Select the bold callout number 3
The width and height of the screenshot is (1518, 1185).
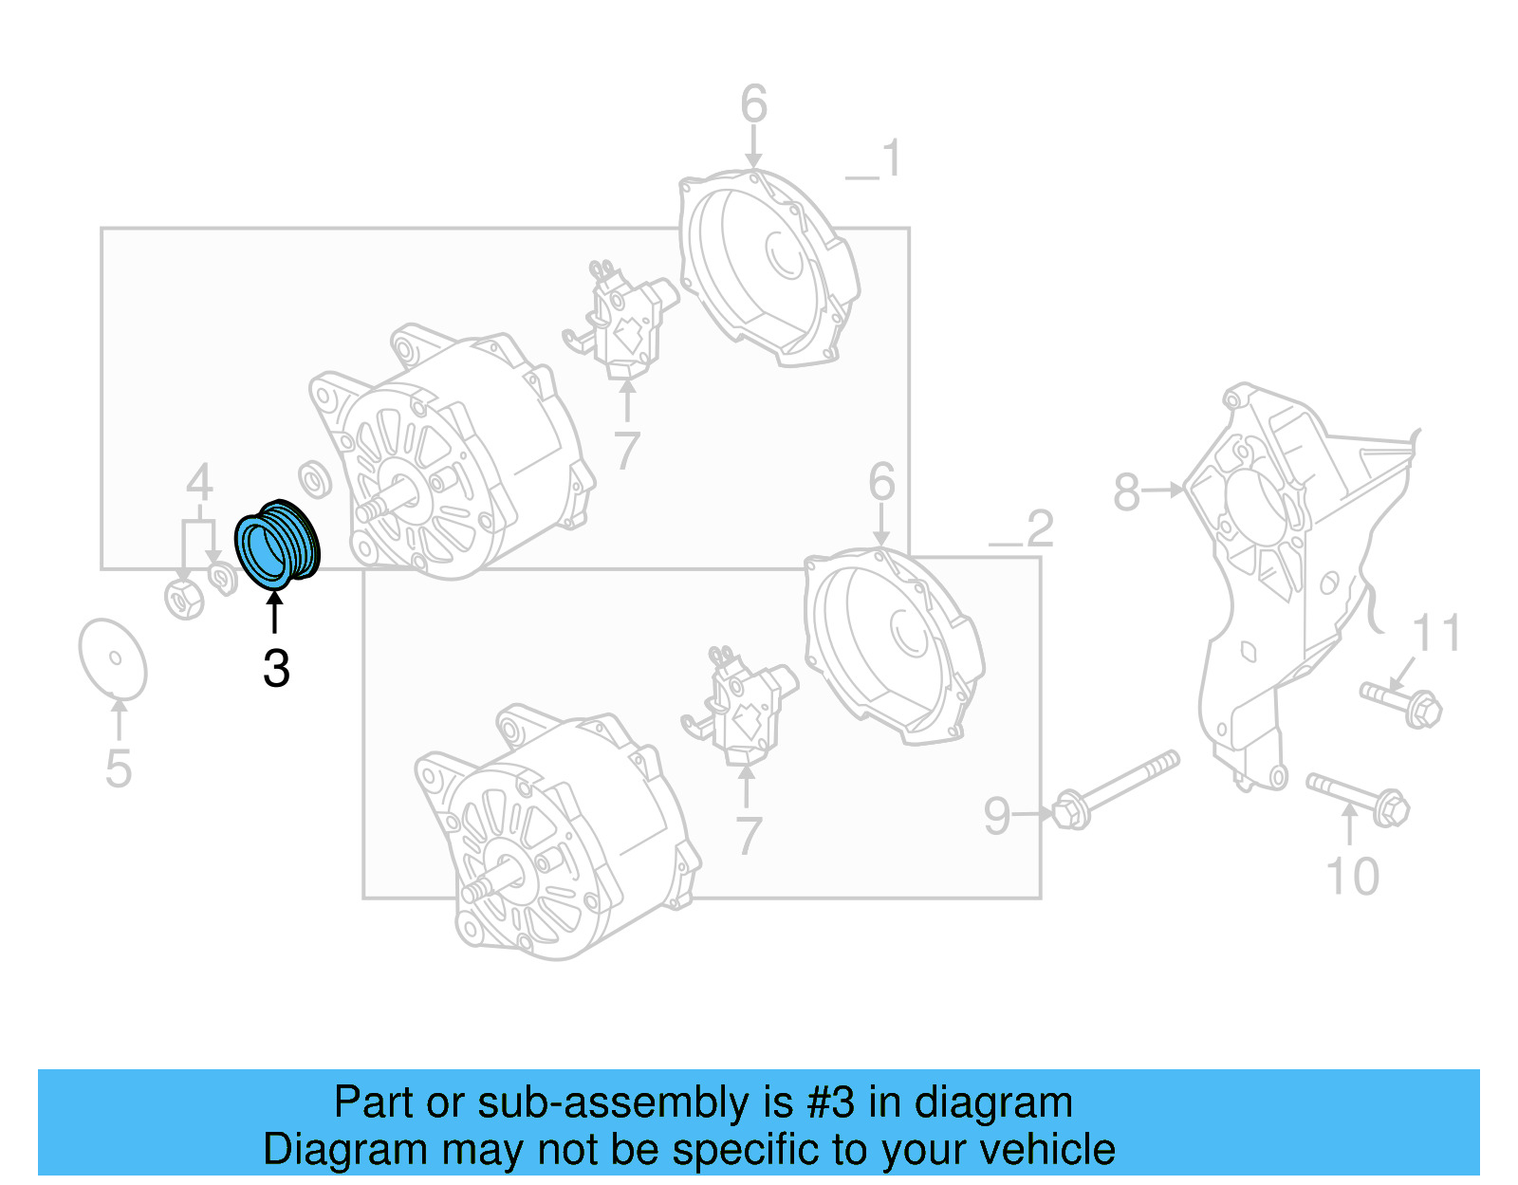pos(276,670)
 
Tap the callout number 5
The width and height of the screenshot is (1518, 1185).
pos(119,768)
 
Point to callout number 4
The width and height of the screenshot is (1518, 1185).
pos(198,483)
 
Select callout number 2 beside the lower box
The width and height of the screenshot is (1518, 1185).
pos(1040,528)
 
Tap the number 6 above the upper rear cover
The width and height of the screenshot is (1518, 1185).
pos(753,104)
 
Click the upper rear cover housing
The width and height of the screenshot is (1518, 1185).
pos(768,266)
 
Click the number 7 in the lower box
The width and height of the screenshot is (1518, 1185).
pos(749,836)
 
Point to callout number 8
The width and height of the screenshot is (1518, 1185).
pos(1126,492)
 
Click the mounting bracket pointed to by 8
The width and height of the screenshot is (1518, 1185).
pos(1300,569)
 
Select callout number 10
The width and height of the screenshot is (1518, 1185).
pos(1352,877)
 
